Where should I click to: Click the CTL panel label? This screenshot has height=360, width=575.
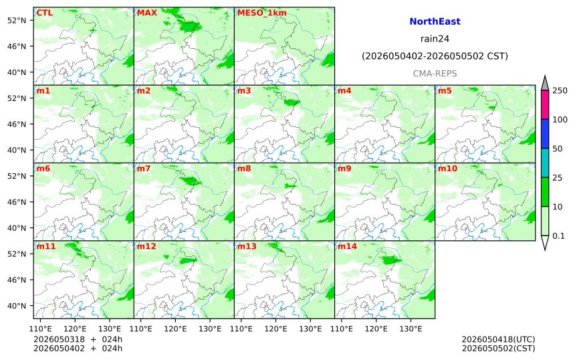coord(44,13)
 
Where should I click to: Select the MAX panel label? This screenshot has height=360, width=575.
coord(146,13)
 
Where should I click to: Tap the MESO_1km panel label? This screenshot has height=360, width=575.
coord(262,13)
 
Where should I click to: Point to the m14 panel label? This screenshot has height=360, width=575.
coord(347,246)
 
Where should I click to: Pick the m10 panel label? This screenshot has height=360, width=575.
coord(447,169)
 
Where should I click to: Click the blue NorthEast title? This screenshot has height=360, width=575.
coord(435,21)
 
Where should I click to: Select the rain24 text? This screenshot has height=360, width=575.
coord(435,39)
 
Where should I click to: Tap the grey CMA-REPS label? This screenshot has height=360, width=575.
coord(435,74)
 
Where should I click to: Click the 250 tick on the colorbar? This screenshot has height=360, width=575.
coord(560,90)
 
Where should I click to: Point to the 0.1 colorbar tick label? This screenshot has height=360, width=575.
coord(558,236)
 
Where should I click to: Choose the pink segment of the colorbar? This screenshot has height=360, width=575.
coord(544,104)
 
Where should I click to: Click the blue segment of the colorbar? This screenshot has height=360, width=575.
coord(544,134)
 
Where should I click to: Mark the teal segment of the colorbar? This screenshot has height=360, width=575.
coord(544,163)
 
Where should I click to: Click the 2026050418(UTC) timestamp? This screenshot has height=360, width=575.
coord(498,339)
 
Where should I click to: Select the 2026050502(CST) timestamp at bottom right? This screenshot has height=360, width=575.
coord(498,348)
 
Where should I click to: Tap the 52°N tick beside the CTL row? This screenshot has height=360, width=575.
coord(17,20)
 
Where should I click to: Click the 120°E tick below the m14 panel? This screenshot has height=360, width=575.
coord(376,329)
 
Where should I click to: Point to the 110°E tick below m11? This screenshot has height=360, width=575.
coord(40,329)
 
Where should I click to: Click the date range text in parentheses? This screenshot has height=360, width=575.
coord(435,56)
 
